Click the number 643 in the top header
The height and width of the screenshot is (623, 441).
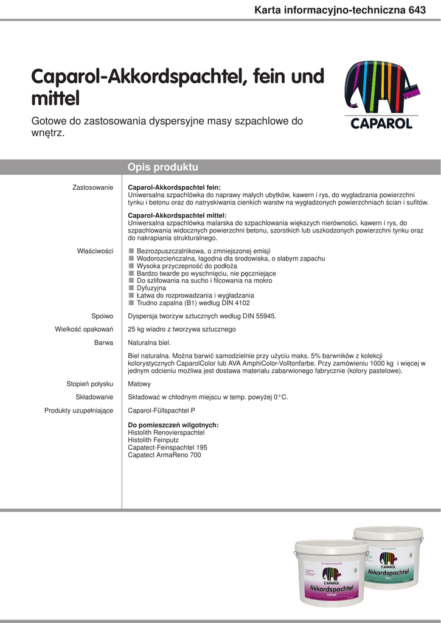click(417, 9)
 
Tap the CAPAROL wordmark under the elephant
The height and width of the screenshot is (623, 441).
click(381, 124)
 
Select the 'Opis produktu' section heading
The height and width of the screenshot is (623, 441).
click(163, 167)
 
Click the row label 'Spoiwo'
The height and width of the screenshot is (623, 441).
click(102, 316)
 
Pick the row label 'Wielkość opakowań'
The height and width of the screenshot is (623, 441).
click(84, 329)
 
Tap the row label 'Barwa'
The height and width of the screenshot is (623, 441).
click(103, 343)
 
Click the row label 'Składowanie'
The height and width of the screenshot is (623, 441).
click(94, 397)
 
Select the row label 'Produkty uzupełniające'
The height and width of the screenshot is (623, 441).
click(78, 411)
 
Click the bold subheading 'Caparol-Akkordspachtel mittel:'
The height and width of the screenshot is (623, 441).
click(177, 215)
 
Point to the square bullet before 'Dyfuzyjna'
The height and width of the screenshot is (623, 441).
click(131, 288)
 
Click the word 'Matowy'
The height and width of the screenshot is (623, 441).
click(139, 384)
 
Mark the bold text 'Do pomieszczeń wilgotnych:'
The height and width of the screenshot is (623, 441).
click(173, 425)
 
